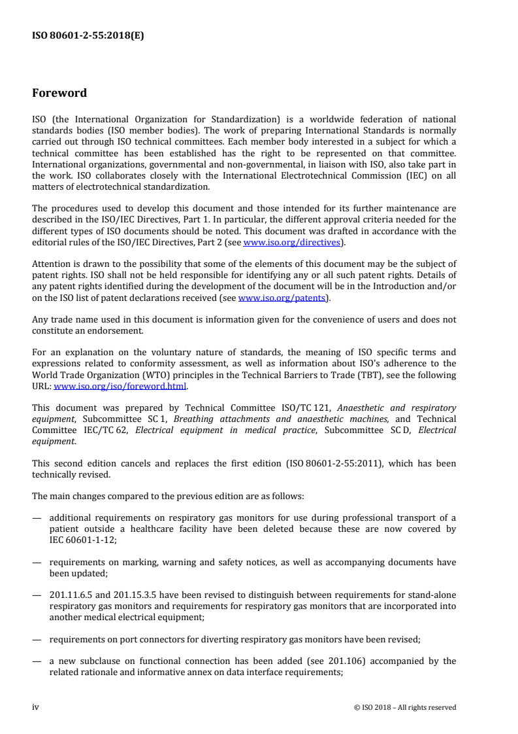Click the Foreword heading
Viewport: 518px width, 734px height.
pyautogui.click(x=59, y=93)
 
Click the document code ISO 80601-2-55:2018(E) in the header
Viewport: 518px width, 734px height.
pyautogui.click(x=88, y=37)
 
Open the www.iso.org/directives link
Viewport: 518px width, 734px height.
pyautogui.click(x=291, y=242)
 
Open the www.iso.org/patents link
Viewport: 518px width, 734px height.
pyautogui.click(x=282, y=298)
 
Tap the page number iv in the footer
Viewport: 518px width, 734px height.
pyautogui.click(x=36, y=707)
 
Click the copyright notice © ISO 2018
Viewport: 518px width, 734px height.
pyautogui.click(x=400, y=707)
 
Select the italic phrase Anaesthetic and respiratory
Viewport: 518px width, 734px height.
pyautogui.click(x=398, y=408)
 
